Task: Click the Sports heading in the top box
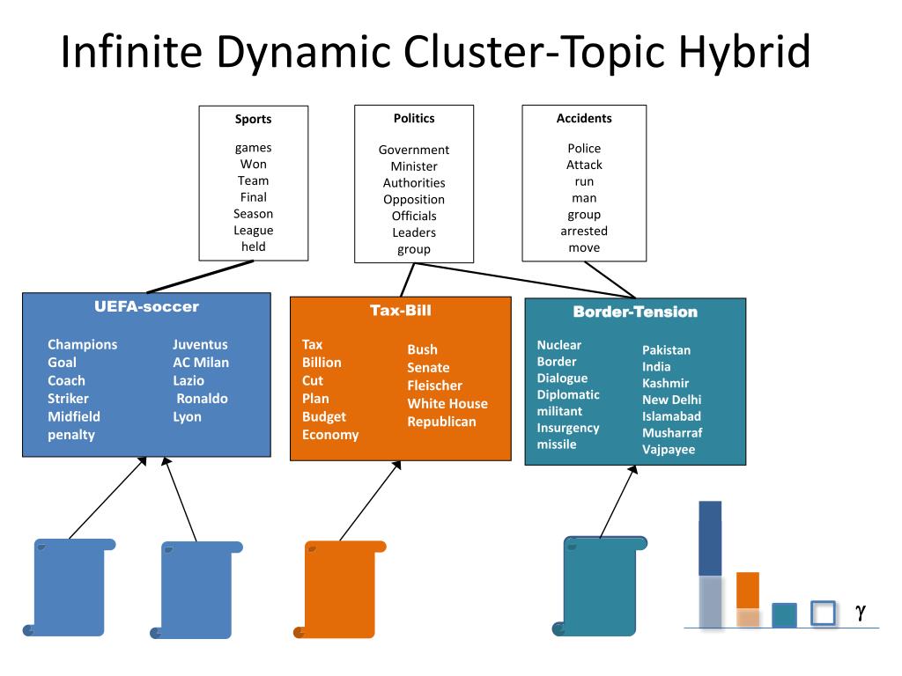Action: [253, 120]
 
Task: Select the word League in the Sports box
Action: [253, 231]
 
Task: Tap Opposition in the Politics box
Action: [414, 200]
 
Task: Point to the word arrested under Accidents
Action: [584, 231]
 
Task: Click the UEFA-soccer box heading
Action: [147, 306]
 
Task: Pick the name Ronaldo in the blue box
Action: [202, 399]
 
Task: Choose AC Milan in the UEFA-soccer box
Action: [201, 363]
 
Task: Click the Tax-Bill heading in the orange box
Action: [401, 311]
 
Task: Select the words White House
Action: [447, 403]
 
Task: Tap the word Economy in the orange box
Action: [330, 435]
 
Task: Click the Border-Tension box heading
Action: [635, 312]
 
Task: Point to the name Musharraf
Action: [672, 433]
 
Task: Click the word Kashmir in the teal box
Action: [666, 384]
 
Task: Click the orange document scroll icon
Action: [340, 589]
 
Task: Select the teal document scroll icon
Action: [599, 586]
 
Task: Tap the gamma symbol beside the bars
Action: [861, 613]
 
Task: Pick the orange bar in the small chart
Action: [748, 599]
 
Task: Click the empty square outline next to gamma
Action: [823, 613]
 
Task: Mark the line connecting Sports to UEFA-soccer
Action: [200, 277]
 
